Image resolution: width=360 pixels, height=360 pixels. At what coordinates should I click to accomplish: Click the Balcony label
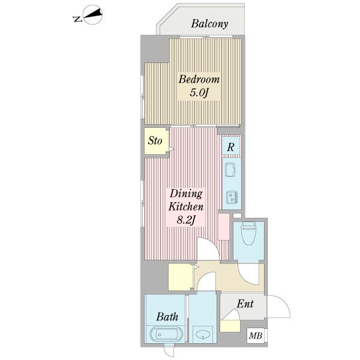[209, 24]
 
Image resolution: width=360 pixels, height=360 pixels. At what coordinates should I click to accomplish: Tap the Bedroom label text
[199, 79]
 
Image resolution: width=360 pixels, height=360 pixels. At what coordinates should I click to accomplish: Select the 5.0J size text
[199, 93]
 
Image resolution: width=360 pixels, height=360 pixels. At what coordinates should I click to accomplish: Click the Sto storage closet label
[155, 140]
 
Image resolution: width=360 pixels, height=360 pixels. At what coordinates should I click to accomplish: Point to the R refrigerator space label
[231, 147]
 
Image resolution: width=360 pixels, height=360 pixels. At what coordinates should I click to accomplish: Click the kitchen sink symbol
[231, 170]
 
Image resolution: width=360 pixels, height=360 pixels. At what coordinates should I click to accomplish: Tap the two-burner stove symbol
[232, 197]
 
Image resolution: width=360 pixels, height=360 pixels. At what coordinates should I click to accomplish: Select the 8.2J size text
[186, 220]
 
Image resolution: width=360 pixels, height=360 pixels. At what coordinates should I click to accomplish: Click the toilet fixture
[248, 233]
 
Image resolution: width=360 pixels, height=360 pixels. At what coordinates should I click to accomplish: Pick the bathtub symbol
[167, 334]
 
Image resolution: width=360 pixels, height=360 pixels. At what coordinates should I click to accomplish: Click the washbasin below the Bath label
[203, 334]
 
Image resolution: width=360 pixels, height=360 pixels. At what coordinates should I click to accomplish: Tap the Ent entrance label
[245, 304]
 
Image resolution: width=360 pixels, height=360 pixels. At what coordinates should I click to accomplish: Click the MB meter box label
[256, 336]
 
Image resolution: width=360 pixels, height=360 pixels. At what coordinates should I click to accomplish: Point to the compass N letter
[77, 19]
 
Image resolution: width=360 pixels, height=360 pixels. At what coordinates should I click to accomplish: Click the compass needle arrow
[92, 14]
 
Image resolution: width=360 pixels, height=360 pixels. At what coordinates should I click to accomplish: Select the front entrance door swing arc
[279, 307]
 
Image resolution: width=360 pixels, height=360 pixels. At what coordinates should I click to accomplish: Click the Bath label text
[167, 317]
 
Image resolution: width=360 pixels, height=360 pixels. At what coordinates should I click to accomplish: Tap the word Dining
[186, 194]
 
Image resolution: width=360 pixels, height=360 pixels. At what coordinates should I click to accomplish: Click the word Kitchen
[186, 206]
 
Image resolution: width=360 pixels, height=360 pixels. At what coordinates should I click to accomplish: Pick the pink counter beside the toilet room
[224, 227]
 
